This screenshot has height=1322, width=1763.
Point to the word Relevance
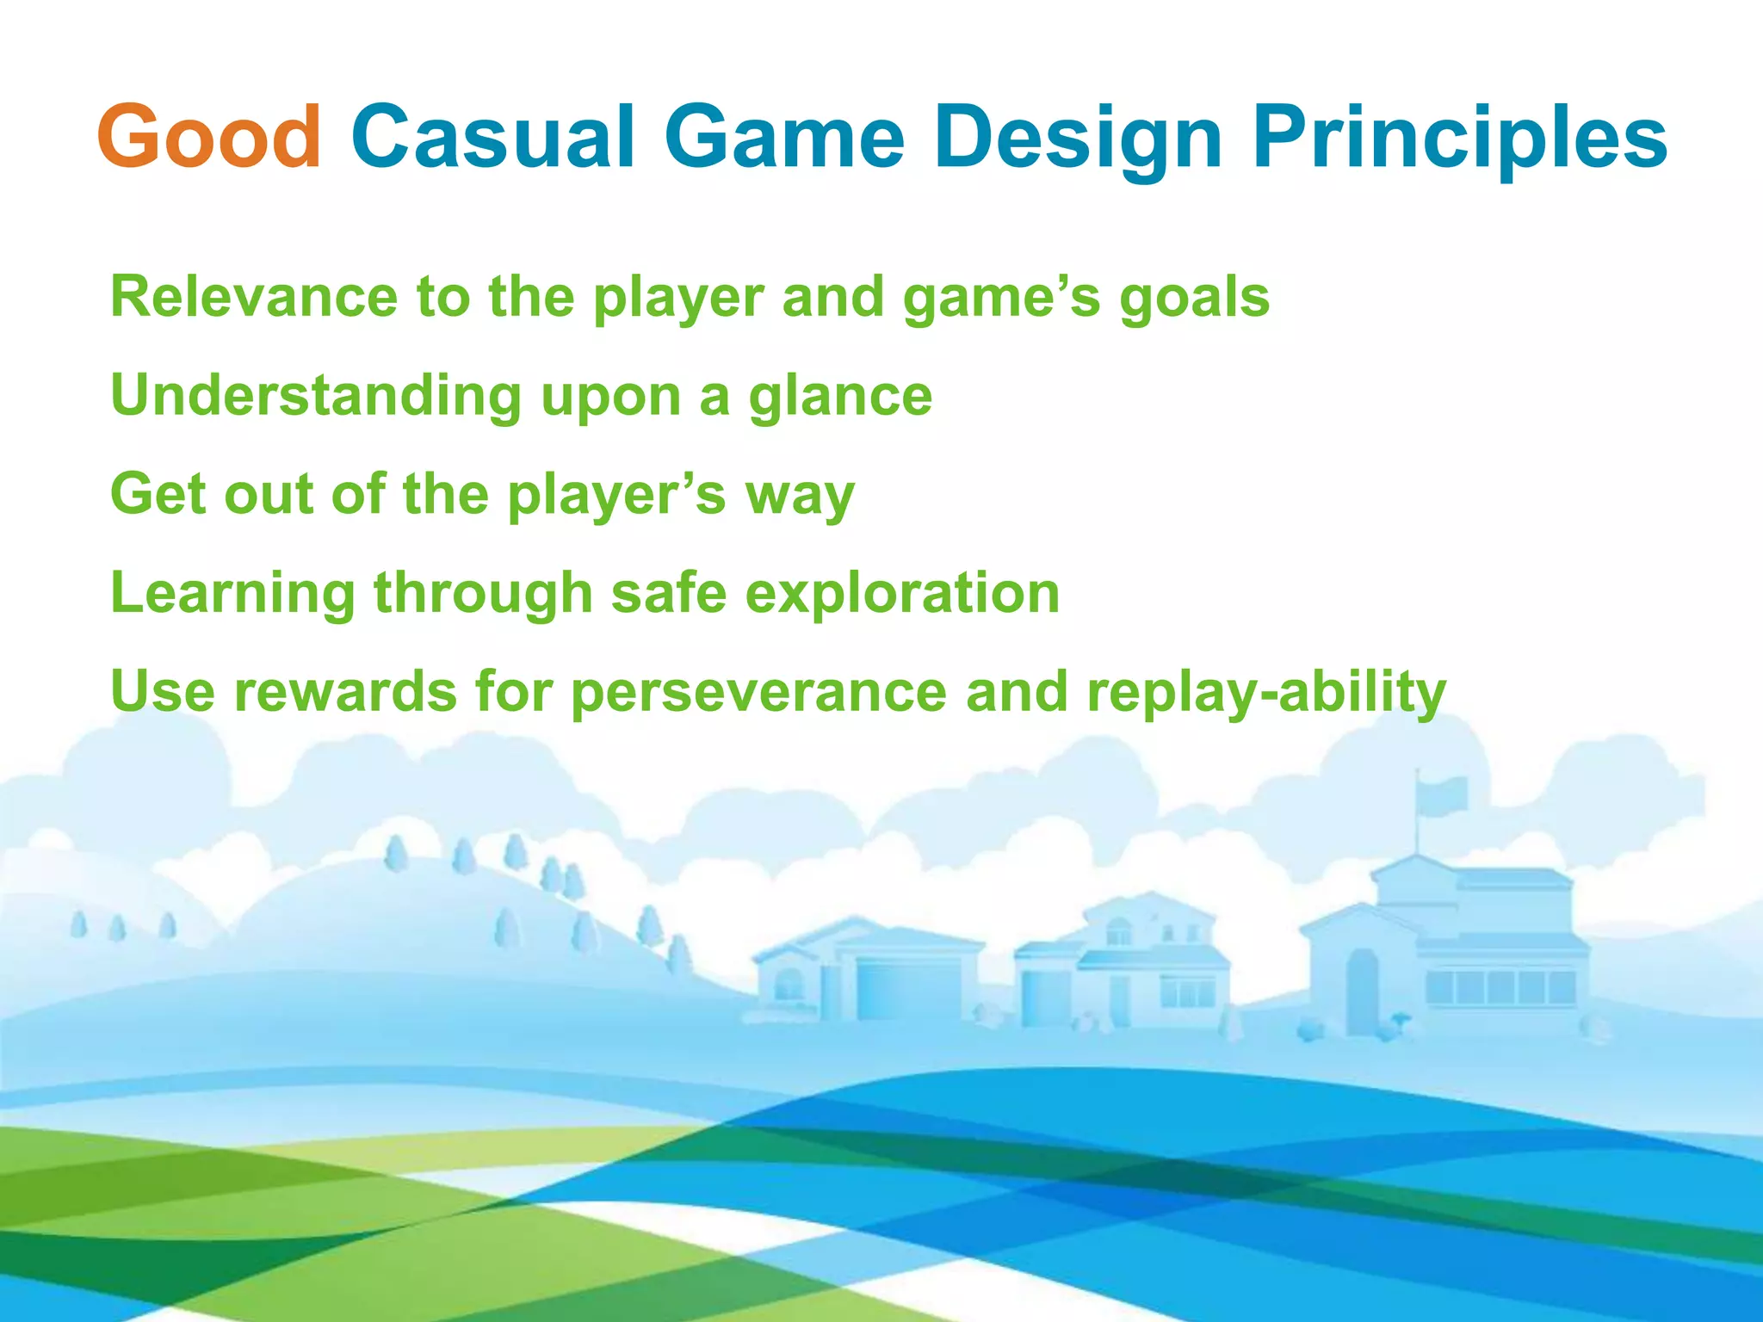256,297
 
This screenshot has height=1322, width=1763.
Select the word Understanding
316,396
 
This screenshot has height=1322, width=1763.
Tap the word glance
840,396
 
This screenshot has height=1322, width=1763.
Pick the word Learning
232,594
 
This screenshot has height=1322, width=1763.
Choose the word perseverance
758,693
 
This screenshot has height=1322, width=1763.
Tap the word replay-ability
1266,693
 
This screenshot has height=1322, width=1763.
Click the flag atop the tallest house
1443,795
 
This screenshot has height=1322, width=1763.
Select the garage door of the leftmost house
908,990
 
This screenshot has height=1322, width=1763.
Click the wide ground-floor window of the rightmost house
1500,986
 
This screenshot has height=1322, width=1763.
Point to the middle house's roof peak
1150,899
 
